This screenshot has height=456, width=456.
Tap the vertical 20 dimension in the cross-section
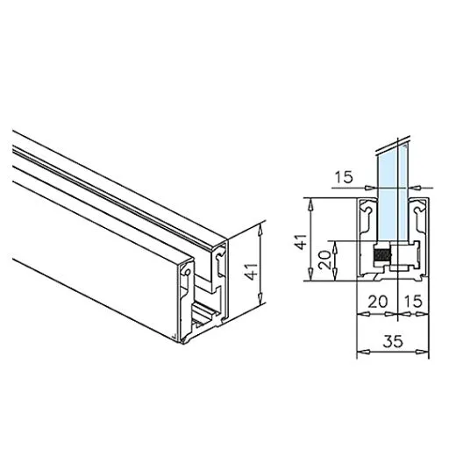(324, 260)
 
